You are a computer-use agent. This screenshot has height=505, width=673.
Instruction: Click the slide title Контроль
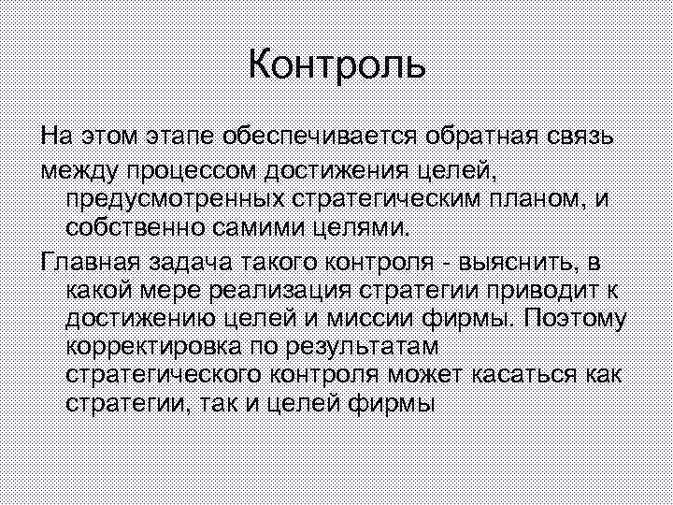(x=336, y=66)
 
